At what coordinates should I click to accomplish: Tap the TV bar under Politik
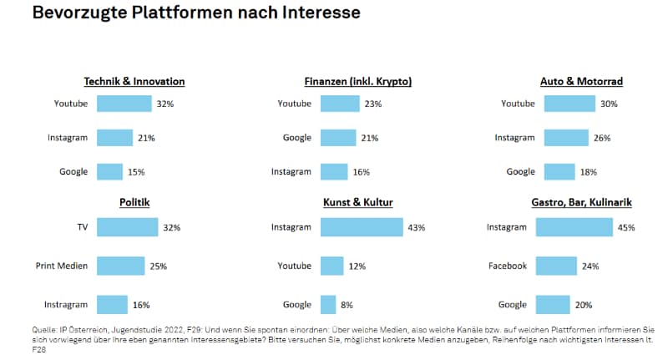(127, 226)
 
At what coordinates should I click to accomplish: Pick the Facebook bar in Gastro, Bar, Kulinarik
(556, 266)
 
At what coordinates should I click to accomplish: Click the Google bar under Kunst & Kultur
(328, 305)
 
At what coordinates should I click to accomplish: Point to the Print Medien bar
(120, 266)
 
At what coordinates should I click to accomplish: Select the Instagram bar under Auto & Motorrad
(564, 138)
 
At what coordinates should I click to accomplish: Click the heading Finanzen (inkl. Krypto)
(358, 81)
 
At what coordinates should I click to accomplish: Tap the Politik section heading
(134, 202)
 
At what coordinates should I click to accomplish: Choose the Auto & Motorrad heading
(581, 81)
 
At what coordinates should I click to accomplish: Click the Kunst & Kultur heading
(358, 202)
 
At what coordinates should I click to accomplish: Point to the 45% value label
(626, 227)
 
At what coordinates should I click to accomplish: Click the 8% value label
(347, 306)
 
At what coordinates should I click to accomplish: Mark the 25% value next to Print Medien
(158, 266)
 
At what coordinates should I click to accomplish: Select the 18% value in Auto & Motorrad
(590, 172)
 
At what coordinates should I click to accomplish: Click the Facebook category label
(507, 266)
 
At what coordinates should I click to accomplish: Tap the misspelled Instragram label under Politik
(66, 305)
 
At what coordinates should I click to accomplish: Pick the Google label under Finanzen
(296, 138)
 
